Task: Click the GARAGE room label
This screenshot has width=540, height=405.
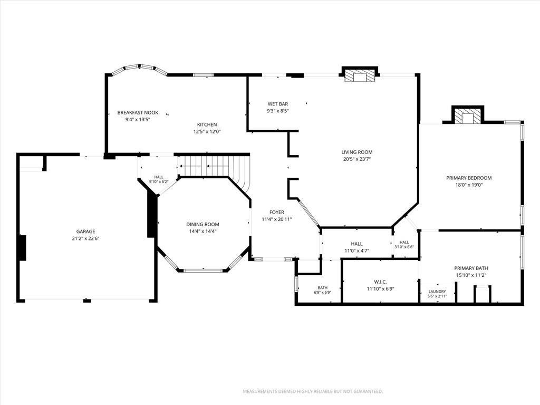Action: click(86, 232)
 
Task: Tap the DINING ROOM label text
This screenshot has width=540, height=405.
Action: click(203, 224)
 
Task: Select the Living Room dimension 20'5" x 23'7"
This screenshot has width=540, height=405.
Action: click(357, 159)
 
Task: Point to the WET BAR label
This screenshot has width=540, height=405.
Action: click(278, 104)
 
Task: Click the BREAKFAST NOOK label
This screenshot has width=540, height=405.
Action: click(138, 113)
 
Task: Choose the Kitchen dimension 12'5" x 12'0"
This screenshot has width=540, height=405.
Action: click(207, 131)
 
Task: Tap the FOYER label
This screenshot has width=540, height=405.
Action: click(277, 212)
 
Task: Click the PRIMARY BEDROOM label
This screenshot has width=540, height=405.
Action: click(469, 178)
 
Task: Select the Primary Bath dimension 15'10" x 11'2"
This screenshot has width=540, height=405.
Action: click(471, 275)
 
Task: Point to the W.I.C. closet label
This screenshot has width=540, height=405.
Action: click(380, 282)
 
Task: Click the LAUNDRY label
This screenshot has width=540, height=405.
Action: click(437, 291)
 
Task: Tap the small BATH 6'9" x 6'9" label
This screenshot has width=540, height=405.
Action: click(323, 290)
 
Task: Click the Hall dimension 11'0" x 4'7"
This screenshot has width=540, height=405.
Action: click(357, 250)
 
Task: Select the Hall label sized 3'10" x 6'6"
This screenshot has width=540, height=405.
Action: click(404, 245)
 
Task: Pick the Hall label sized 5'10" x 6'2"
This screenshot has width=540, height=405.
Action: click(159, 179)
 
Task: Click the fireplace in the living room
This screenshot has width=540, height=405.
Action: click(360, 75)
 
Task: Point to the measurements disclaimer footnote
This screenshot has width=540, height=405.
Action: click(313, 392)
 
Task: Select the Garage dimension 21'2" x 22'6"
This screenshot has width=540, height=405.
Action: click(86, 238)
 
